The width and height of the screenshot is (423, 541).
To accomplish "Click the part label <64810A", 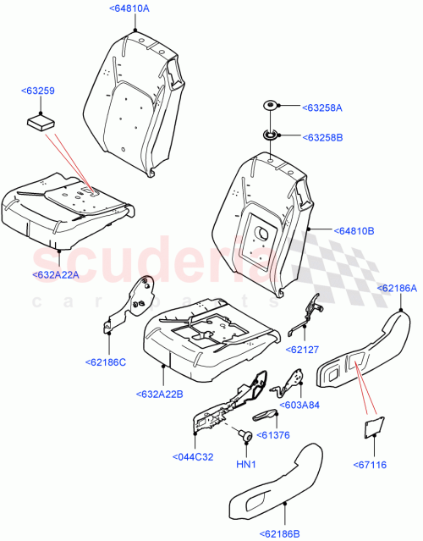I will [x=129, y=8].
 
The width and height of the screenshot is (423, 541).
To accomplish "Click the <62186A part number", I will [x=397, y=289].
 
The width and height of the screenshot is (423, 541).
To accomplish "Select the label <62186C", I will [x=106, y=362].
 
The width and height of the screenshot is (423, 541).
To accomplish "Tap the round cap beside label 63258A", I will [x=269, y=106].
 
